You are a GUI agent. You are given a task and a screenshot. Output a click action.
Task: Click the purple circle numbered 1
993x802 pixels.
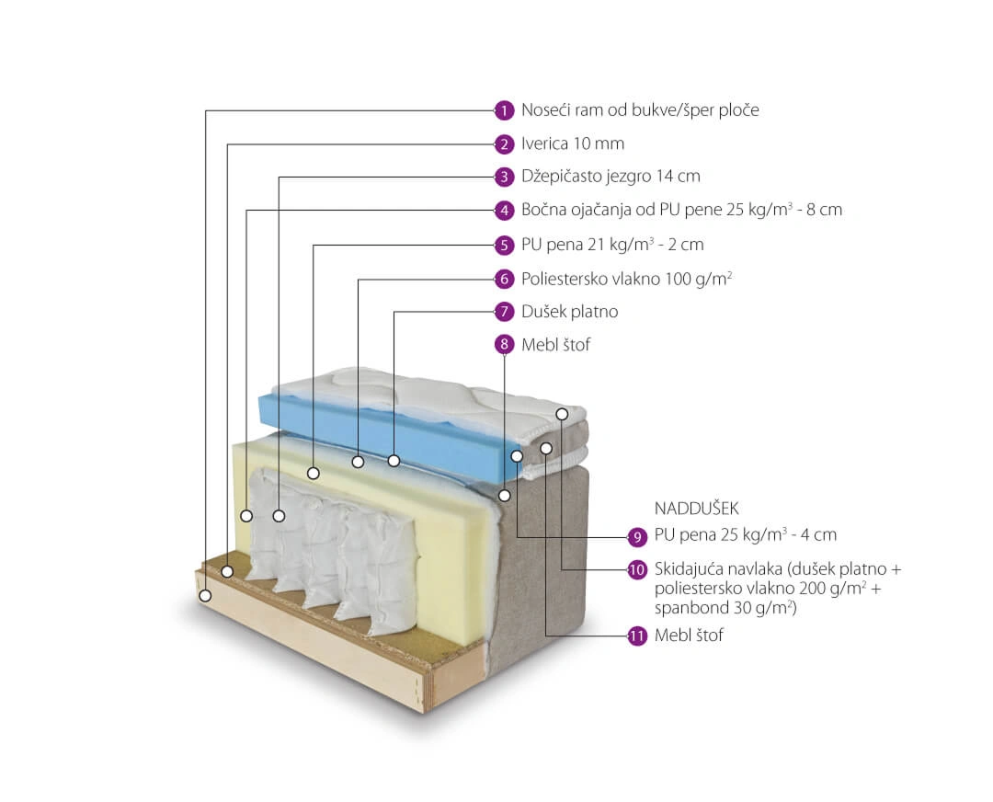click(504, 111)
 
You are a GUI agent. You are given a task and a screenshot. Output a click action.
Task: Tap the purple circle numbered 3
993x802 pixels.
click(504, 177)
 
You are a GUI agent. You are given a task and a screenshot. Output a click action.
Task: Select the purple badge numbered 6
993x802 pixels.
click(504, 279)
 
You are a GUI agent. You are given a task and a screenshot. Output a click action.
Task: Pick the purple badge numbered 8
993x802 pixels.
click(504, 345)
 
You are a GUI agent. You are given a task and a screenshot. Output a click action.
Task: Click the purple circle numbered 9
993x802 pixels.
click(636, 537)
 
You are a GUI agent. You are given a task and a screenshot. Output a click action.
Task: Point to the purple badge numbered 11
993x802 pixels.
click(636, 636)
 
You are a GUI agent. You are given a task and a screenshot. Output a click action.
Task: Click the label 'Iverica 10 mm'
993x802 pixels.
click(573, 143)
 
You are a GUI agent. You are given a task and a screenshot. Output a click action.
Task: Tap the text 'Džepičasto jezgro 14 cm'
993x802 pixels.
click(611, 176)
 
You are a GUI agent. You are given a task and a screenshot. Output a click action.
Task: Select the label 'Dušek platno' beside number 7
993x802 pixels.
click(569, 312)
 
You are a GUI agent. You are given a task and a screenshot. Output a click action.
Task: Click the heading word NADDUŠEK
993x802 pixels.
click(697, 508)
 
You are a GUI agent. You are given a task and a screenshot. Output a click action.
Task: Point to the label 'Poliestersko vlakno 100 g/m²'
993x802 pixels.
click(627, 279)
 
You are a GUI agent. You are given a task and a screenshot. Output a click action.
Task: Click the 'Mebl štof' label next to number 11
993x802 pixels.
click(689, 636)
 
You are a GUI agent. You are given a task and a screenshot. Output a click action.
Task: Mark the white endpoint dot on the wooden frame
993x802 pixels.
click(204, 595)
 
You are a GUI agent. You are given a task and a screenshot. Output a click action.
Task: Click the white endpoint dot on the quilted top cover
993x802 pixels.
click(562, 414)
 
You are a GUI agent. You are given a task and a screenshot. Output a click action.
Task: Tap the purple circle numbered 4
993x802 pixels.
click(504, 211)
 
